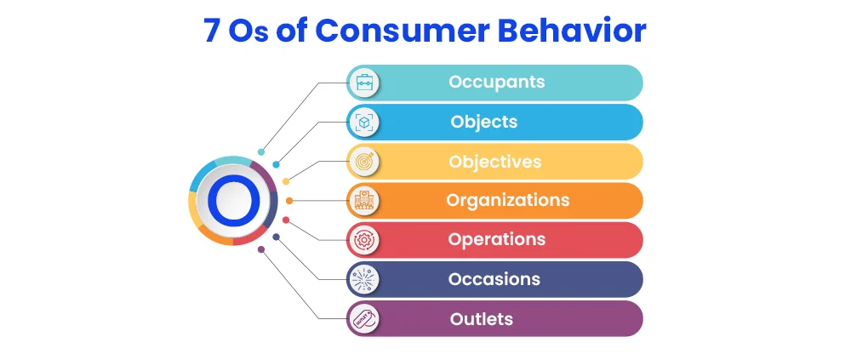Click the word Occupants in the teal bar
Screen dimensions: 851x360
point(497,82)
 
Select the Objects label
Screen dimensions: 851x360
point(484,122)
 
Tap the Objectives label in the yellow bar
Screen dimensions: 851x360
point(495,161)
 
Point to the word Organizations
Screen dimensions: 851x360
point(508,200)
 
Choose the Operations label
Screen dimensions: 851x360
point(497,239)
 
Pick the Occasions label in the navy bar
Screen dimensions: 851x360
point(494,279)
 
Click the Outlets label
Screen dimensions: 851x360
point(482,319)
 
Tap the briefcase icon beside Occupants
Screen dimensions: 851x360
point(363,83)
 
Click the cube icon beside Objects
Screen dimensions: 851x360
point(363,123)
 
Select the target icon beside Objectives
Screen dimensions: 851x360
point(363,161)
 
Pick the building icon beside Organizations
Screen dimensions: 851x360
point(363,201)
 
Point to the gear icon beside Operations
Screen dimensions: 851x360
point(363,240)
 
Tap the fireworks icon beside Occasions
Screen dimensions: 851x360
point(363,279)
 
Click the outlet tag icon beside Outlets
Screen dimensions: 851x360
point(363,319)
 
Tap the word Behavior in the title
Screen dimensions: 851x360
point(572,31)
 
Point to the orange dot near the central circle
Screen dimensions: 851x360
point(289,201)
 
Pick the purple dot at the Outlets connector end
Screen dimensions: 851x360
point(261,249)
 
